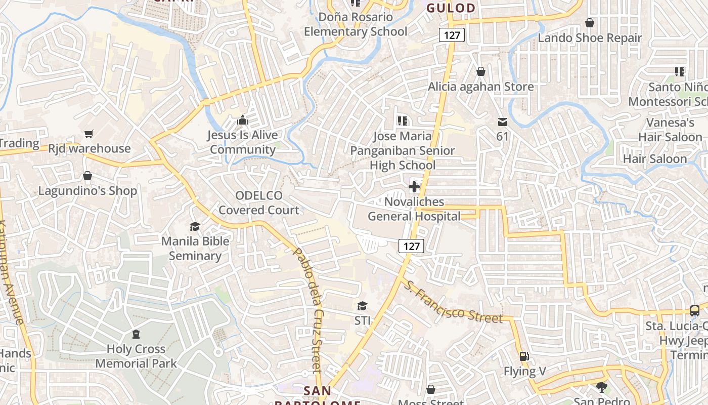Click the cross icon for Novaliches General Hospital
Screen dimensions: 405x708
click(x=414, y=187)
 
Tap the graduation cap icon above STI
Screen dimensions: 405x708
click(x=362, y=306)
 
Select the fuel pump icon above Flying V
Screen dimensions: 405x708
click(x=524, y=356)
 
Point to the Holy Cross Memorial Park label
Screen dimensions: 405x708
click(x=136, y=356)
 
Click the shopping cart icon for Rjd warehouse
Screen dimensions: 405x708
click(x=89, y=134)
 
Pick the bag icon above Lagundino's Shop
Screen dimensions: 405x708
click(x=87, y=176)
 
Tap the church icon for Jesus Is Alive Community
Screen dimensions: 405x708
click(x=243, y=120)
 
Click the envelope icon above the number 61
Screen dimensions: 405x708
click(x=502, y=121)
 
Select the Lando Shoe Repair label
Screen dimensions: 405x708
click(x=590, y=38)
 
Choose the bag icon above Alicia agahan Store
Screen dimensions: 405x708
click(x=481, y=72)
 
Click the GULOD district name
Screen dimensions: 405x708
click(x=451, y=8)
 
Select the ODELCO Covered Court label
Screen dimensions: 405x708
click(x=259, y=202)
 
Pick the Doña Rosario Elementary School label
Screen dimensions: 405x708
click(x=356, y=24)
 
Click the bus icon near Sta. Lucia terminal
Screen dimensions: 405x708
click(x=695, y=311)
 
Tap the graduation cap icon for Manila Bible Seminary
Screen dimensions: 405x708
click(x=195, y=226)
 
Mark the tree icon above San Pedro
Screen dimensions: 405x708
click(x=601, y=387)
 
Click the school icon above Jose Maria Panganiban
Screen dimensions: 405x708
click(x=403, y=121)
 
